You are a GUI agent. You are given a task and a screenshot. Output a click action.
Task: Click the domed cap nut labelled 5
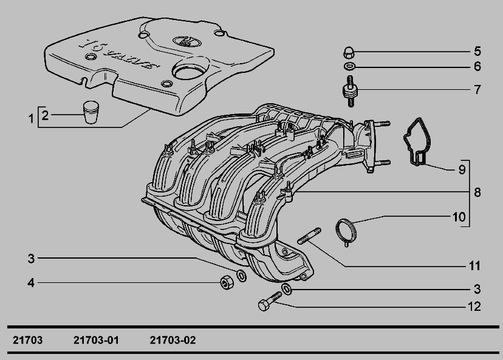349,53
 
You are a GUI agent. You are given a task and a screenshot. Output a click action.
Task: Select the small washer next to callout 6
350,66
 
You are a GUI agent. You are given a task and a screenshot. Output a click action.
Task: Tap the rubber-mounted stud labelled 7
350,91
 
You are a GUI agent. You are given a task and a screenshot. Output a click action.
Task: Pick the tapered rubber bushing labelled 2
91,112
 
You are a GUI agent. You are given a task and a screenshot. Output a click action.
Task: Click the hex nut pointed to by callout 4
227,282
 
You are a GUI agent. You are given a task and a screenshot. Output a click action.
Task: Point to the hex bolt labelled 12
270,301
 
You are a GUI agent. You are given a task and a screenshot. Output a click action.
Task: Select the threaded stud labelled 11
309,236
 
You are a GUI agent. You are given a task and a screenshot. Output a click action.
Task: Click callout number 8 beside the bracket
477,192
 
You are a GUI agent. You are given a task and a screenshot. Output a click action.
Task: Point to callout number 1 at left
31,119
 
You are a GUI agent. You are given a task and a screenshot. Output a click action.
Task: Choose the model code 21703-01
96,340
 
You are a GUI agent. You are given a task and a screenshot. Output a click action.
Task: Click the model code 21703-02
173,340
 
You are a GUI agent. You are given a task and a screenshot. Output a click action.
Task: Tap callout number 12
474,307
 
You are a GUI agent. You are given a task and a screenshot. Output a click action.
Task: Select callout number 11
475,266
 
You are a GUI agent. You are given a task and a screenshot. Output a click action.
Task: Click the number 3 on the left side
31,259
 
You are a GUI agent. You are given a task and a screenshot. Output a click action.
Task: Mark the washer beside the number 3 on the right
287,289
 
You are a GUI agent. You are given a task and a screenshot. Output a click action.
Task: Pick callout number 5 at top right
477,51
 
